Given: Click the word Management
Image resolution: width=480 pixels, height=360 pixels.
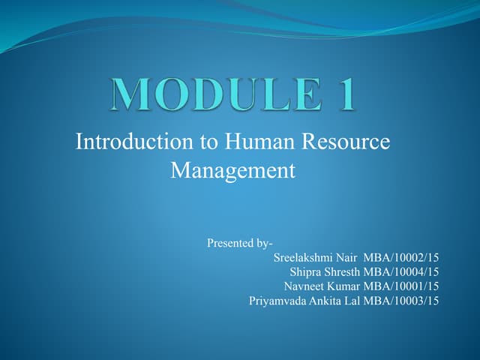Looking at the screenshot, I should pyautogui.click(x=233, y=170).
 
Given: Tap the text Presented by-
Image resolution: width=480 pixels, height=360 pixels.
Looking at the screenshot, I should pyautogui.click(x=239, y=243).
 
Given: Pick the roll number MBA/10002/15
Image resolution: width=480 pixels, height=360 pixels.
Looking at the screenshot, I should pyautogui.click(x=401, y=257).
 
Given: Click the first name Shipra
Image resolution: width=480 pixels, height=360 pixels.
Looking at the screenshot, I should pyautogui.click(x=306, y=271).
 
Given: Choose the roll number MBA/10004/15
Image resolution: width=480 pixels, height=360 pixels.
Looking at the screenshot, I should pyautogui.click(x=401, y=271).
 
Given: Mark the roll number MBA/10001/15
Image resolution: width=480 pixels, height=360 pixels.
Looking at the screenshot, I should pyautogui.click(x=401, y=286).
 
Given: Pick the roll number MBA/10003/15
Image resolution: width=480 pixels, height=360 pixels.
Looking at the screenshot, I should pyautogui.click(x=401, y=301).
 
